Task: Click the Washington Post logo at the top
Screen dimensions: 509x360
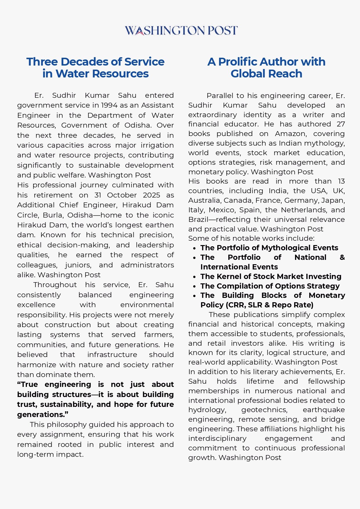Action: pyautogui.click(x=181, y=30)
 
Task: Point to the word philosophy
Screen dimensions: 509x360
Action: pyautogui.click(x=67, y=425)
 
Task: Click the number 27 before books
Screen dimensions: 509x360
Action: pyautogui.click(x=341, y=124)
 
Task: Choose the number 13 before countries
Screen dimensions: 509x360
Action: pyautogui.click(x=341, y=181)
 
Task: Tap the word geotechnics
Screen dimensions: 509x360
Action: pyautogui.click(x=264, y=410)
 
